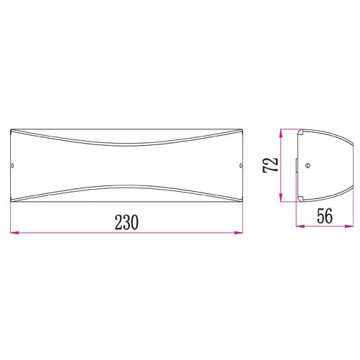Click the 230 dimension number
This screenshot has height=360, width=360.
click(x=126, y=222)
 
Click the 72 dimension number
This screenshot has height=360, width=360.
click(x=271, y=165)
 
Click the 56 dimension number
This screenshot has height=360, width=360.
click(x=325, y=216)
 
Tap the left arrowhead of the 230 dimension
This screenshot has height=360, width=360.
click(x=14, y=232)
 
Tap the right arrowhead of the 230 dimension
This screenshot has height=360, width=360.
click(x=239, y=232)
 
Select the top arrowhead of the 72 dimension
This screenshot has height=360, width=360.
click(x=281, y=134)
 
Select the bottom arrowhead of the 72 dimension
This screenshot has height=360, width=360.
click(x=281, y=198)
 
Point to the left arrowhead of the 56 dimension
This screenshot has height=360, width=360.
click(x=300, y=226)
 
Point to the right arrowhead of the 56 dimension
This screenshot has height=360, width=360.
click(x=349, y=226)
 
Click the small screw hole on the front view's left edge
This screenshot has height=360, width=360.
click(x=12, y=165)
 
